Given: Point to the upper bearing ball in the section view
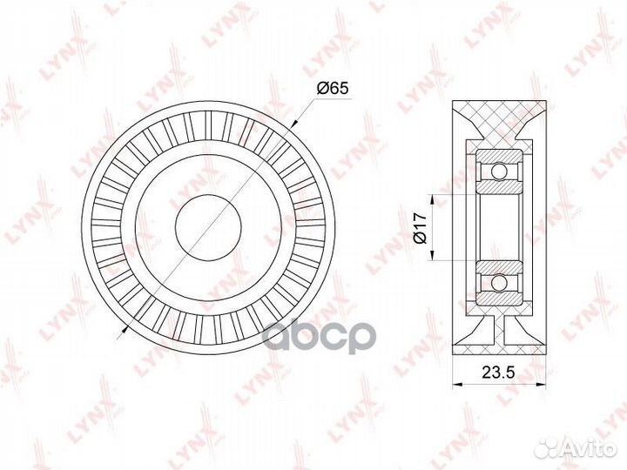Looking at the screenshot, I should click(499, 168).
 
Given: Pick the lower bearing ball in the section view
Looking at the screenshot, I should click(499, 283).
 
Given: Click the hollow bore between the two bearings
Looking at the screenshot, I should click(499, 226).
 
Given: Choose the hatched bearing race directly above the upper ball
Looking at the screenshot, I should click(499, 153).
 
